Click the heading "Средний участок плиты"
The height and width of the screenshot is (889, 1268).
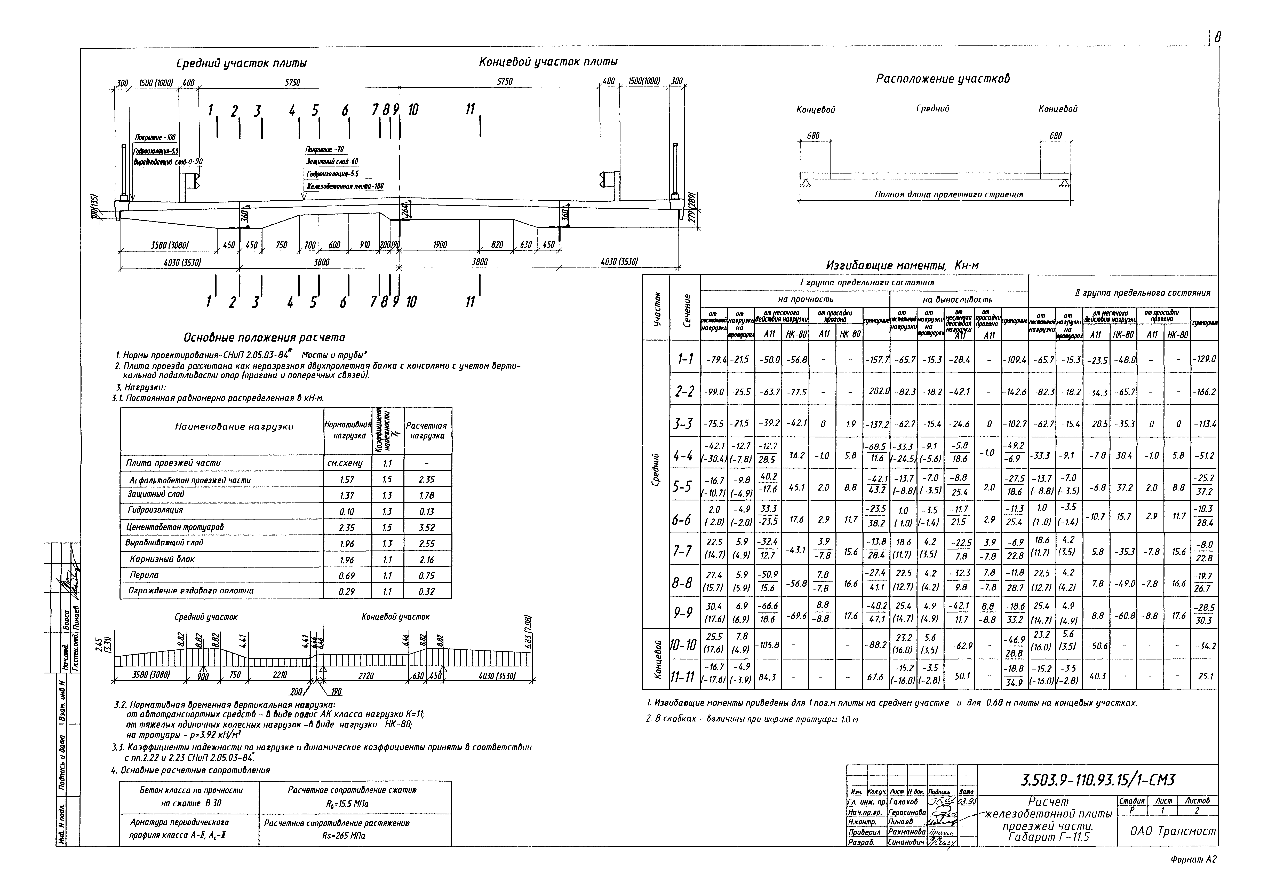(x=241, y=64)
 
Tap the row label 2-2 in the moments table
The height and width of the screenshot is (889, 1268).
(x=685, y=392)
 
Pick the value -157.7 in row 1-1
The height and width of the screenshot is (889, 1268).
(x=876, y=360)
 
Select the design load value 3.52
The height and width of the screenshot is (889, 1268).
(x=427, y=528)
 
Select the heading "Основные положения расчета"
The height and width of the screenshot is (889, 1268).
(x=264, y=338)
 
